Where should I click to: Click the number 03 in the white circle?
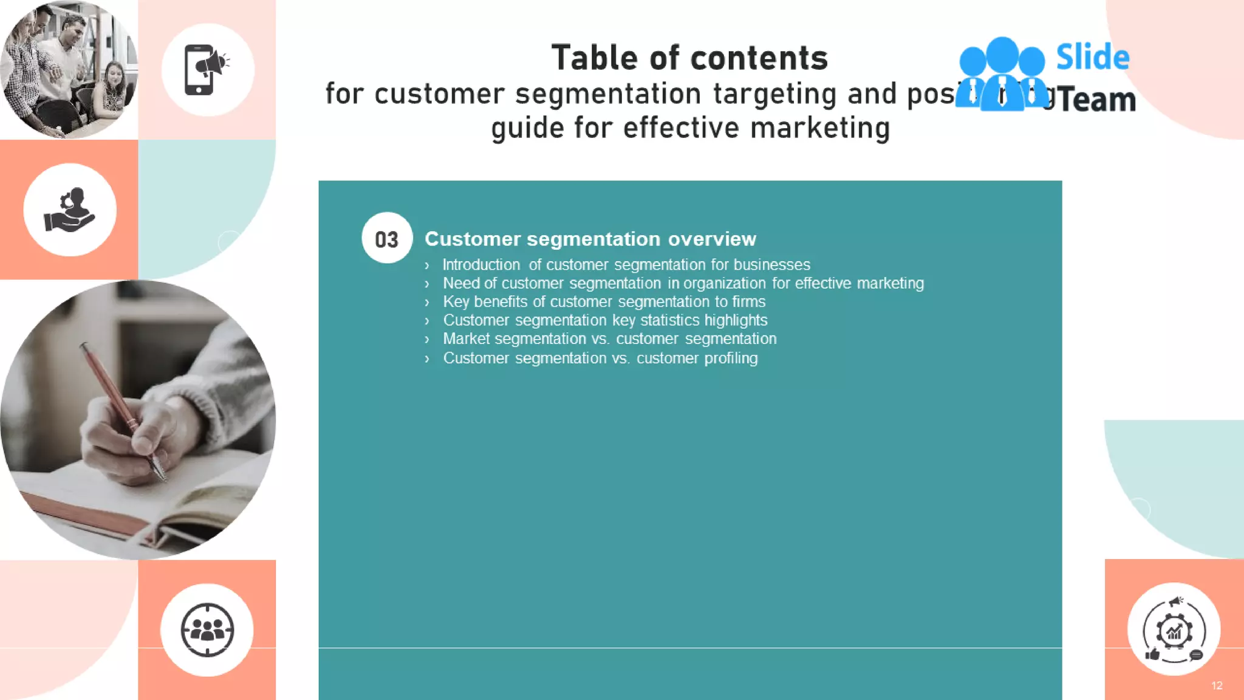point(386,239)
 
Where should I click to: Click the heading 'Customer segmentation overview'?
point(590,239)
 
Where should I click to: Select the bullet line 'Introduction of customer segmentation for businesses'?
point(626,265)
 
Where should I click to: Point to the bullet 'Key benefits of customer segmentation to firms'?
point(604,301)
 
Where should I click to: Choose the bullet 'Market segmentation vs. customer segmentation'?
point(609,338)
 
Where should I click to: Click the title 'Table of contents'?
point(689,58)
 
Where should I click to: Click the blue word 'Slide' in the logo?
point(1092,57)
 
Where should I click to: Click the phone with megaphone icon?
point(207,70)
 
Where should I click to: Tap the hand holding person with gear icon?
point(70,210)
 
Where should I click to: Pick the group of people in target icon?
point(207,630)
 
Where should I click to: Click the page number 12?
point(1217,685)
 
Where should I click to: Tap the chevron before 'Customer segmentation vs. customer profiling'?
point(427,359)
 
